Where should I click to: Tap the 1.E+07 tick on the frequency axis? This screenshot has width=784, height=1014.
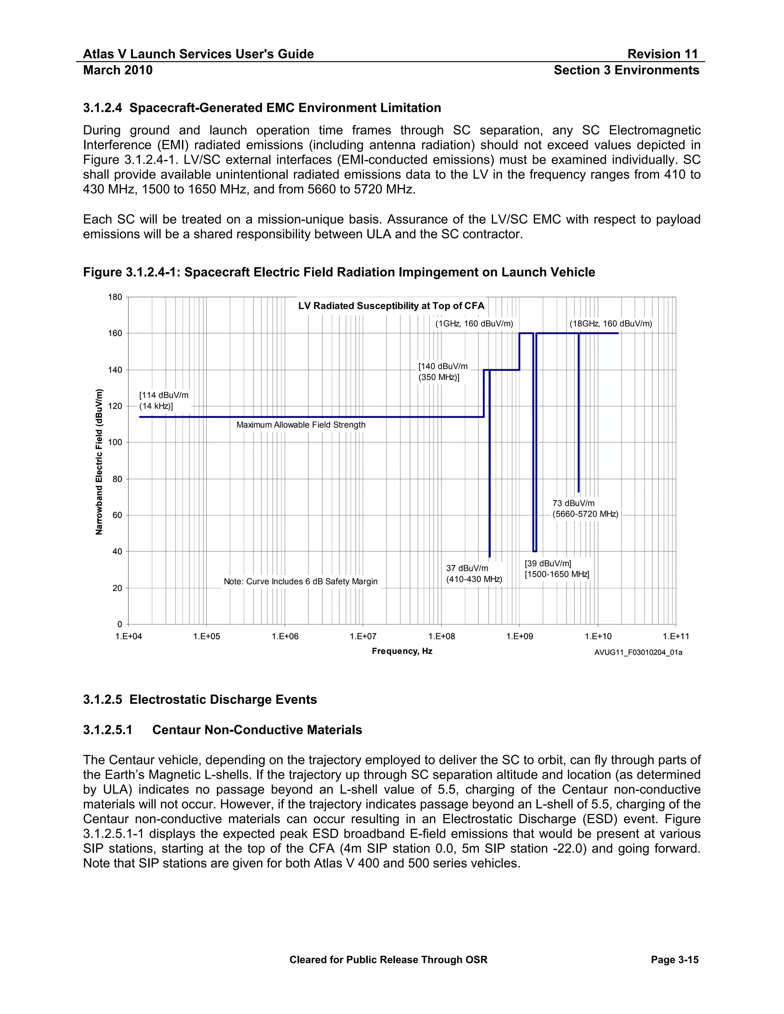tap(363, 637)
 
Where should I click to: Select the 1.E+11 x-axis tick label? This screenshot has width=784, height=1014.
tap(675, 637)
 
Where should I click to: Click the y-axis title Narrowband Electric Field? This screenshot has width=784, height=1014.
tap(99, 461)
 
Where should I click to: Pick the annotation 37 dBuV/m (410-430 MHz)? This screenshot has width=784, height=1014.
tap(474, 574)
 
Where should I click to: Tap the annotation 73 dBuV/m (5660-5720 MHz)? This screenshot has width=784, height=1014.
tap(585, 509)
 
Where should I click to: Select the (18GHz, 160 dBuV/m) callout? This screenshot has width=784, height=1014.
tap(610, 324)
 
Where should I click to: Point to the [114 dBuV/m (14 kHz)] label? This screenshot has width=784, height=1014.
tap(163, 401)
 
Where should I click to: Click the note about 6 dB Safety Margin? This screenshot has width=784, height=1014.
tap(301, 581)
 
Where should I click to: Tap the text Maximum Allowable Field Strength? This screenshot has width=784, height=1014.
tap(301, 425)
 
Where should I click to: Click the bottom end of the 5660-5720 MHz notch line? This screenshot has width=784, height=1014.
tap(578, 491)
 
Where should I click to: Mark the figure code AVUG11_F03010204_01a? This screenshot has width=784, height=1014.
tap(638, 652)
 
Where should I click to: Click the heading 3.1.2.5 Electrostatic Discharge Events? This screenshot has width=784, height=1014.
tap(200, 700)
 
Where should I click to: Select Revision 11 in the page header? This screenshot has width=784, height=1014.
tap(662, 54)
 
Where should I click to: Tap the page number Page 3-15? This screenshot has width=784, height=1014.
tap(675, 960)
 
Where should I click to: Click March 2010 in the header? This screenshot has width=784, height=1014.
tap(118, 70)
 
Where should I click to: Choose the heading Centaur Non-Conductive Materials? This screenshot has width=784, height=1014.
tap(257, 730)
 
